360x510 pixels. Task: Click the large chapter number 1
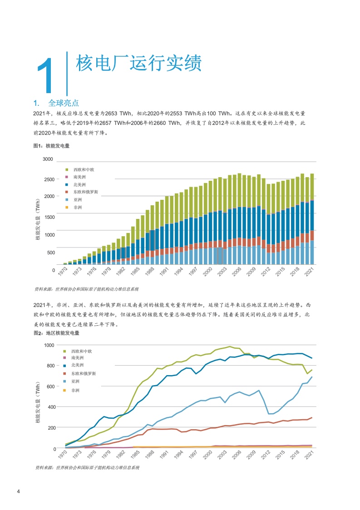[x=45, y=75]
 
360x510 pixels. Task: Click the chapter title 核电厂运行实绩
[x=139, y=63]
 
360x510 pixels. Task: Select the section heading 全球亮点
[x=64, y=103]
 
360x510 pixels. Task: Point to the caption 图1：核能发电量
[x=51, y=146]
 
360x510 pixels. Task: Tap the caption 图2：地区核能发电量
[x=57, y=333]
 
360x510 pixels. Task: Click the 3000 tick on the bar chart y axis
[x=48, y=159]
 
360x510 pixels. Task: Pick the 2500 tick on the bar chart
[x=49, y=179]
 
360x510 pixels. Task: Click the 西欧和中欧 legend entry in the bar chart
[x=80, y=169]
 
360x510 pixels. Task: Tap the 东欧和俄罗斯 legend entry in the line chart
[x=80, y=373]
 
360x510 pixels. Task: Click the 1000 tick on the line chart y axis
[x=49, y=345]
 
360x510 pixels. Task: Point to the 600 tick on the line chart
[x=51, y=386]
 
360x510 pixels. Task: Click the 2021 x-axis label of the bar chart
[x=309, y=271]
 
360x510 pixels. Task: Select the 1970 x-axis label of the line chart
[x=63, y=455]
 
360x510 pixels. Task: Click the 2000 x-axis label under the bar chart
[x=207, y=271]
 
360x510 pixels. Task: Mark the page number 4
[x=19, y=491]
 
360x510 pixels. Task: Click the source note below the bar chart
[x=87, y=289]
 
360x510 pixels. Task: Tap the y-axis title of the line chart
[x=38, y=402]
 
